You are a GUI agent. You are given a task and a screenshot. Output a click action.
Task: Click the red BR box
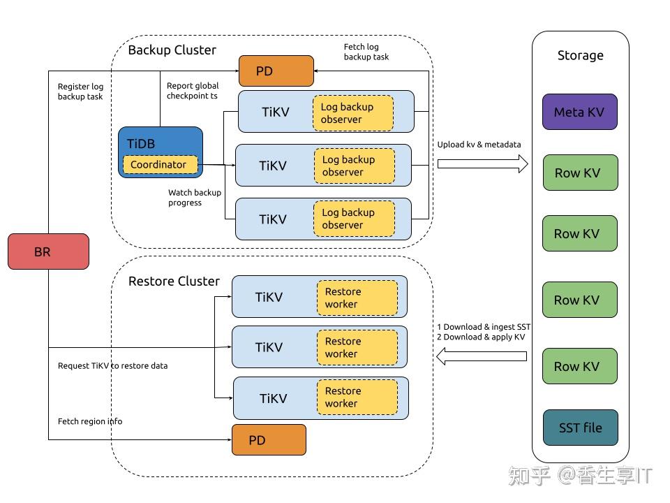point(48,251)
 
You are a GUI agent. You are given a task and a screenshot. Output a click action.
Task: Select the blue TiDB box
point(161,143)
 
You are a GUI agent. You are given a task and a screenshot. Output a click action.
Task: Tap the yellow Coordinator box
point(159,165)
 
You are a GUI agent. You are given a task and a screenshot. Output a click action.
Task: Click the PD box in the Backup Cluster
point(276,71)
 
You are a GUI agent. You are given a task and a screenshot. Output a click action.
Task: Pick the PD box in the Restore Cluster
point(269,440)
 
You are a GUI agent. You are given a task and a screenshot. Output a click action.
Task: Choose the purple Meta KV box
point(579,112)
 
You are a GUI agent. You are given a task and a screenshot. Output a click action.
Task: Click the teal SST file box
point(580,428)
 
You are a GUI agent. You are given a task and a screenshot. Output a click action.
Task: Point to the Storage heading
point(580,56)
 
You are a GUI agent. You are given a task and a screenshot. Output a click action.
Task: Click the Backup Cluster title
point(172,50)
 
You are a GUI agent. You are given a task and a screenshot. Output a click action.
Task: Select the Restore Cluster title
point(174,282)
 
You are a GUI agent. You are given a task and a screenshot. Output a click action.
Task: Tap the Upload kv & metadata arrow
point(482,163)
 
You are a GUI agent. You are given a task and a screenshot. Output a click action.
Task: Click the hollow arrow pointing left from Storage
point(481,357)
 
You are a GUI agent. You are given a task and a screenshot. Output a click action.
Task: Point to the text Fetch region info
point(90,421)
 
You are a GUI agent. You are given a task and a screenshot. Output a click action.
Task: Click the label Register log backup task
point(80,92)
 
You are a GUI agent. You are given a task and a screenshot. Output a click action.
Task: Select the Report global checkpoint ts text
point(192,91)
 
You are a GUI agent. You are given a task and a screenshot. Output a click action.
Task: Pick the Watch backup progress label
point(194,198)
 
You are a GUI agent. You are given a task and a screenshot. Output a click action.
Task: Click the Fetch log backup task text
point(366,52)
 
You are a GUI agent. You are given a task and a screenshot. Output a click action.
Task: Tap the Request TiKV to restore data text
point(112,365)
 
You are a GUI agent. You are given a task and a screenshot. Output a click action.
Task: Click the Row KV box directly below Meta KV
point(579,173)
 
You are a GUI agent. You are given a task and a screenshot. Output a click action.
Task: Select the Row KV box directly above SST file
point(579,366)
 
